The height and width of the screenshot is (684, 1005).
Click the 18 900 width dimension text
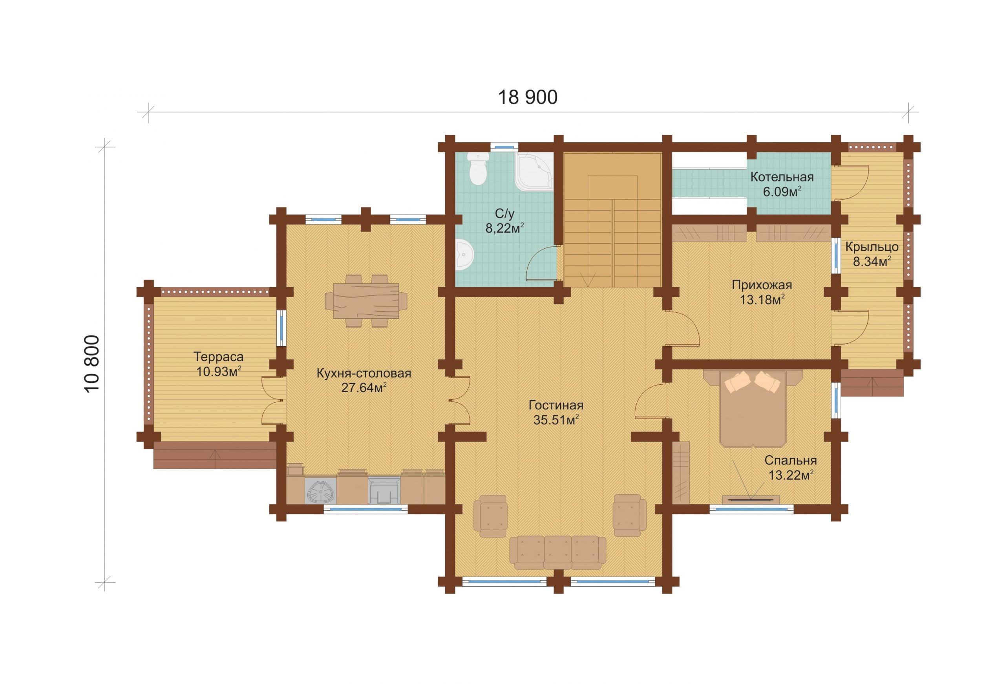528,97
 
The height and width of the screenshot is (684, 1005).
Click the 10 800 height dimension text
92,364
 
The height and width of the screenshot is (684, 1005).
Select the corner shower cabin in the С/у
534,172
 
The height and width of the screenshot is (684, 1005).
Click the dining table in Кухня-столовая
366,301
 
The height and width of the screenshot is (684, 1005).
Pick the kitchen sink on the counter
321,491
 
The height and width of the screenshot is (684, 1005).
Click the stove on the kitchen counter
384,490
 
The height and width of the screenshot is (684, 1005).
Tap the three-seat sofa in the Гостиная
558,552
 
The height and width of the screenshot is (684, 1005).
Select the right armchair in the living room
629,516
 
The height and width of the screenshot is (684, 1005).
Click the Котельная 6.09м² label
782,184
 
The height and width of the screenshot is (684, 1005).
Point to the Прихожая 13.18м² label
762,292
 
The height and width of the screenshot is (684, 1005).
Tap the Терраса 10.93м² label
218,364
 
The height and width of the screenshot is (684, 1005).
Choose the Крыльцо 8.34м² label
872,254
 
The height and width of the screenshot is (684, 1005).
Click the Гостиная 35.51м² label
556,412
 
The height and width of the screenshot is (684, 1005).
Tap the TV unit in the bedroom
751,500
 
